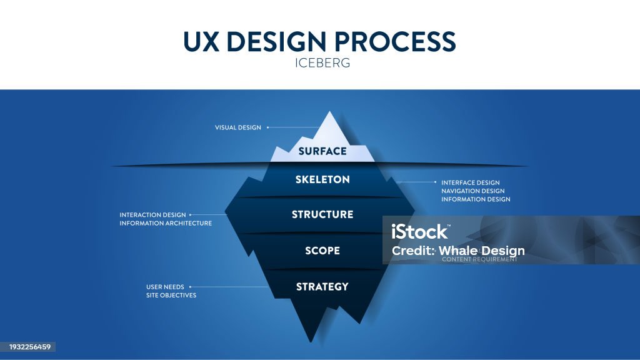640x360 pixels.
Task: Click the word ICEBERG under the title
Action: pos(319,63)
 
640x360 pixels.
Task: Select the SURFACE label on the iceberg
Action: pos(322,151)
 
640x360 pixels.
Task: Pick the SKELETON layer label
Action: pos(322,179)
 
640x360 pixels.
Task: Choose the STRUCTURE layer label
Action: pos(322,214)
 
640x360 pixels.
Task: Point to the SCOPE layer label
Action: pos(322,251)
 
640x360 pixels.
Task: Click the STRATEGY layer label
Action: pos(322,287)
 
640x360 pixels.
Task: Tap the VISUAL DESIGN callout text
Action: pos(237,127)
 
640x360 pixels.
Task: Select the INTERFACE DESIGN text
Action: pos(471,182)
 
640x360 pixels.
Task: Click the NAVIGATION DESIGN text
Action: pos(472,191)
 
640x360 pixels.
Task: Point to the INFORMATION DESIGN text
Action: pos(476,199)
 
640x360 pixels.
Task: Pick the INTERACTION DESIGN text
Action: pos(152,215)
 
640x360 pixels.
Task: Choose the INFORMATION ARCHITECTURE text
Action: pos(166,223)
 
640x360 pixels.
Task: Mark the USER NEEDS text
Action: pos(165,287)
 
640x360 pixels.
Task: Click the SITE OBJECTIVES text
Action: pos(171,295)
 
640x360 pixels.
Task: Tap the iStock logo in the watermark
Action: pos(420,232)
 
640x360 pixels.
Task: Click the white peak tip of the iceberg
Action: pos(329,114)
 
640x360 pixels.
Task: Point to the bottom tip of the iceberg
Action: pos(311,341)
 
